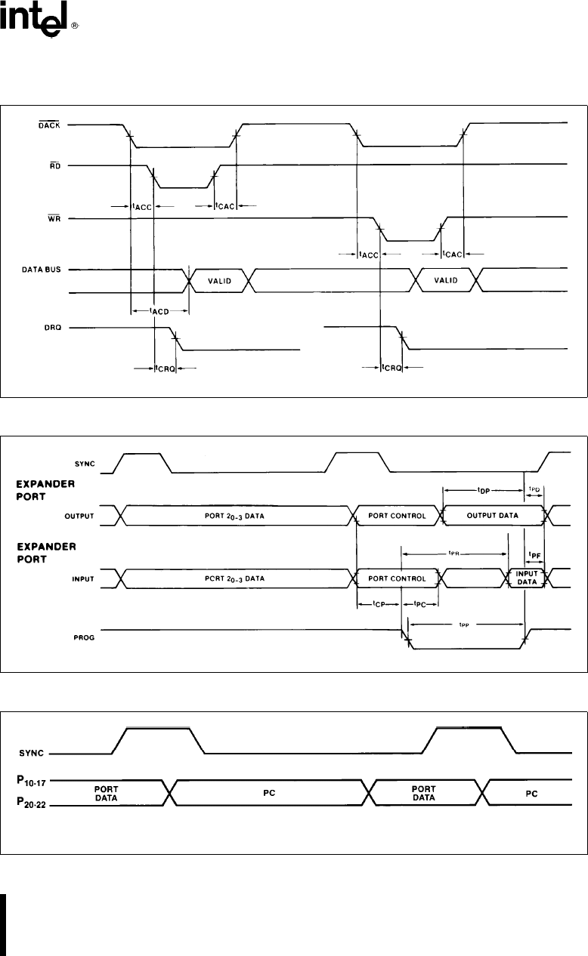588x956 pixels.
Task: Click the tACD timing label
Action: point(159,310)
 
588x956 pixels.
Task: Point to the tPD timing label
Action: point(534,488)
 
